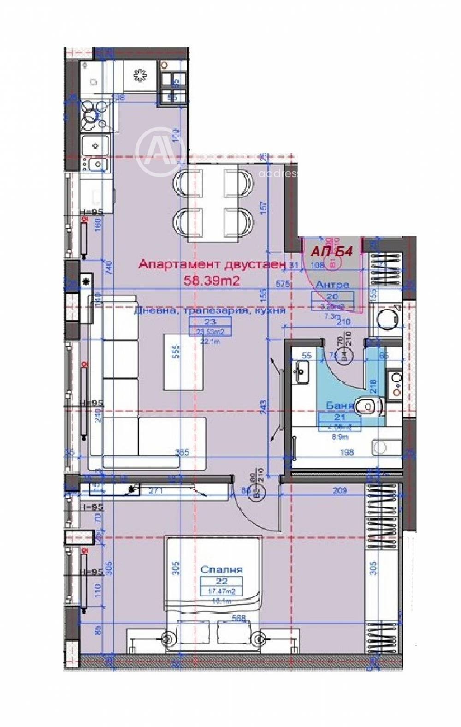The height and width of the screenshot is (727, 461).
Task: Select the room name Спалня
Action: coord(221,570)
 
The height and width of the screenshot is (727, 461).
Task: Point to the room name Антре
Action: coord(332,285)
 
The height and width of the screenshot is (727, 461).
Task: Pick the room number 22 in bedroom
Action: coord(221,582)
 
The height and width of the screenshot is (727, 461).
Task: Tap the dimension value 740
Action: coord(109,268)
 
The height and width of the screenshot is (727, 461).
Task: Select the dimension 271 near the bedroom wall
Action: coord(156,491)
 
